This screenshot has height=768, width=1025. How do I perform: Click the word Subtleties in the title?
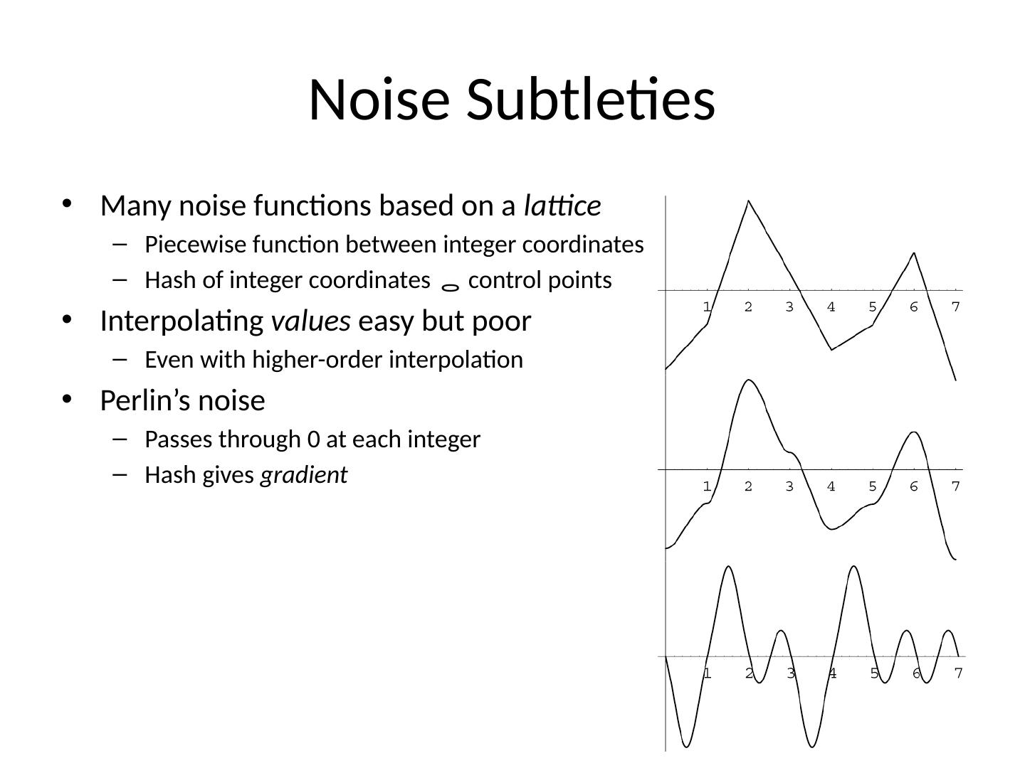point(590,100)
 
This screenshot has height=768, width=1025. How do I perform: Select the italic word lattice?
point(562,206)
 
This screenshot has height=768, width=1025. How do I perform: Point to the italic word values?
point(311,321)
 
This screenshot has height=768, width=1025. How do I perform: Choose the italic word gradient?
point(304,475)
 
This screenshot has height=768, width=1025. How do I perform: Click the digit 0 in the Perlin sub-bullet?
point(314,439)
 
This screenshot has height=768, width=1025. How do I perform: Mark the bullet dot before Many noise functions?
point(68,204)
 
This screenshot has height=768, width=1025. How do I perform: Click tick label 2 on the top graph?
point(748,307)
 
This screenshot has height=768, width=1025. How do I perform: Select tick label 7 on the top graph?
point(956,307)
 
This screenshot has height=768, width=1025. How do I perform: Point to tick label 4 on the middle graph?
point(831,487)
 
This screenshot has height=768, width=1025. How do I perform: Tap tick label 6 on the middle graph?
point(914,487)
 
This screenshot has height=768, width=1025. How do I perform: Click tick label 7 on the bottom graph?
point(959,673)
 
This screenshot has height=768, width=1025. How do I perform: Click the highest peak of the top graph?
point(748,201)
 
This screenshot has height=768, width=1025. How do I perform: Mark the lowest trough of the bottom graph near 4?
point(811,747)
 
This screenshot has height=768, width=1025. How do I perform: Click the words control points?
point(540,280)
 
